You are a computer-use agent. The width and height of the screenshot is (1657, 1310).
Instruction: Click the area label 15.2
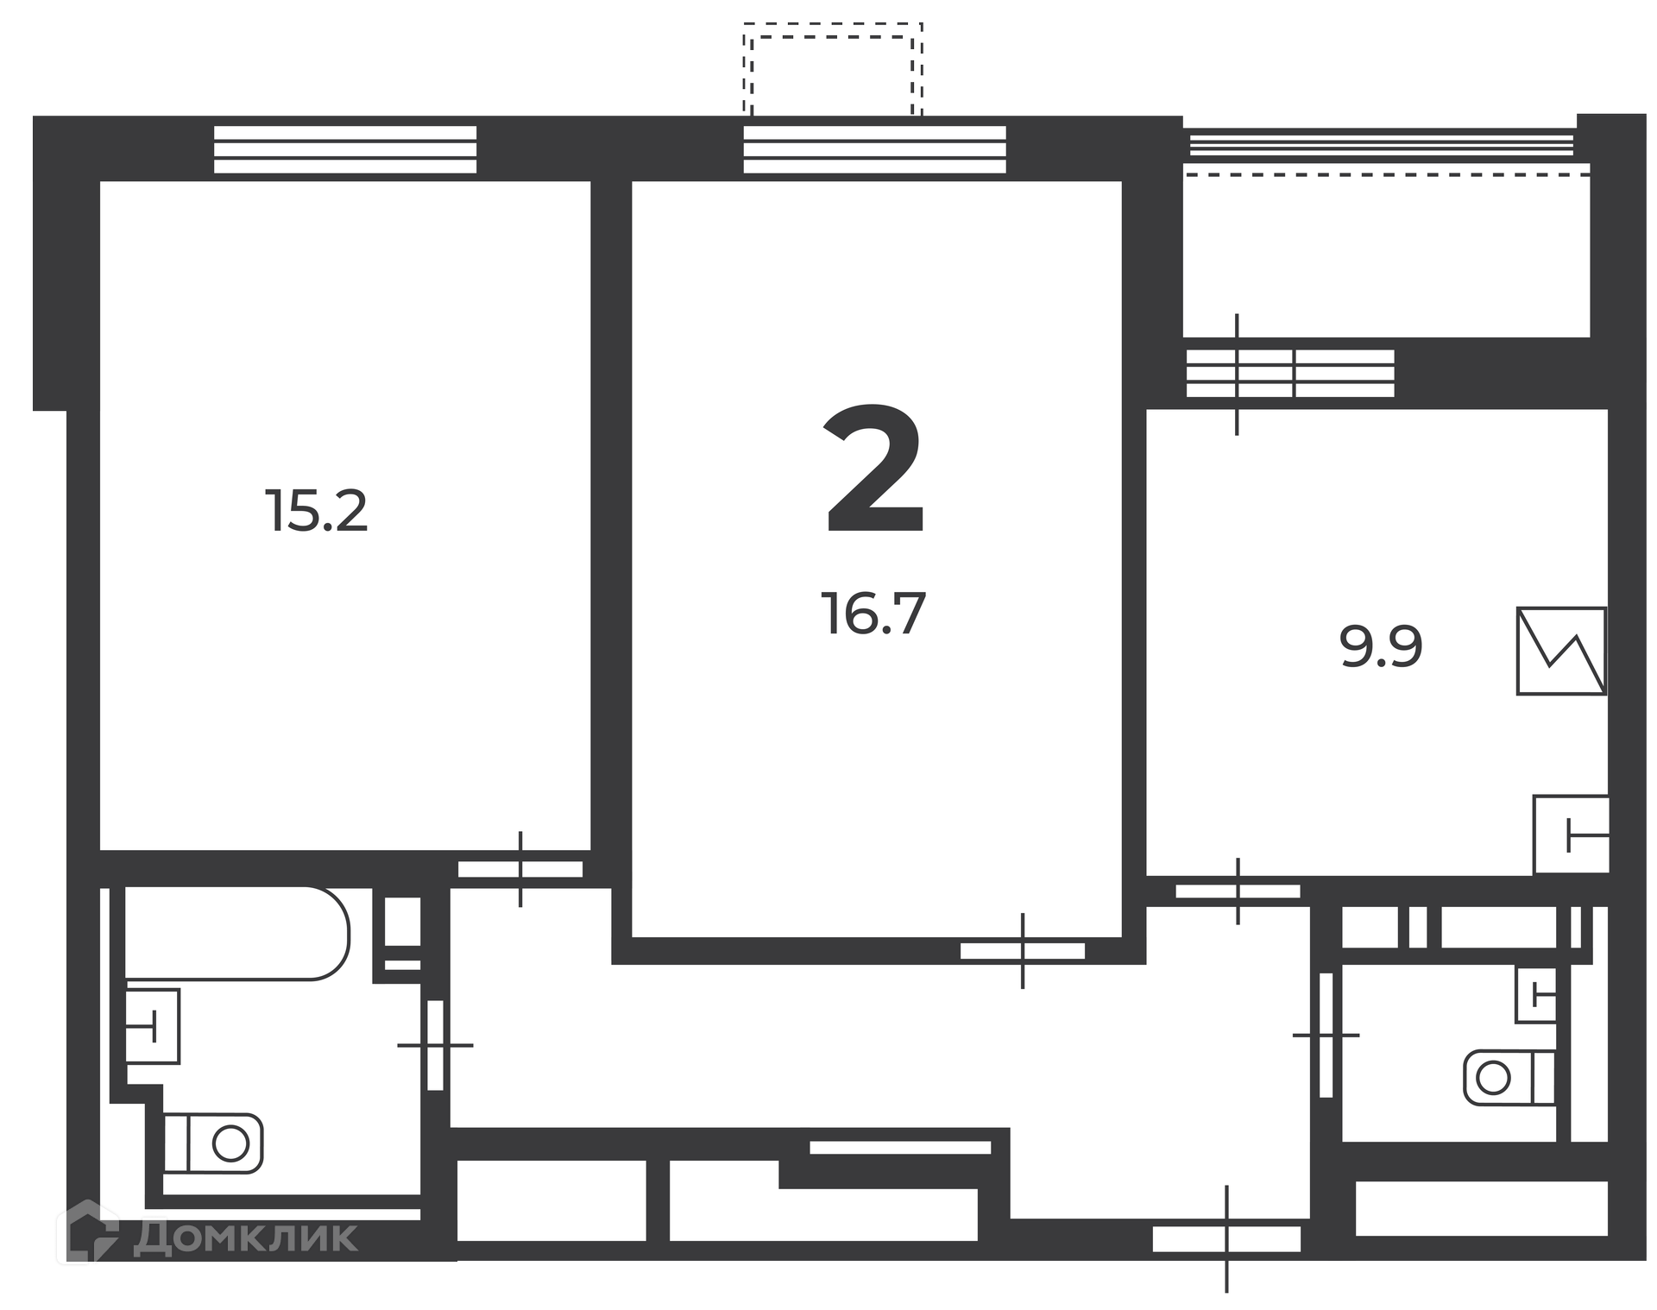click(317, 511)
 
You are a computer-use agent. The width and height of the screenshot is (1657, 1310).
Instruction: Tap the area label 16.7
click(873, 614)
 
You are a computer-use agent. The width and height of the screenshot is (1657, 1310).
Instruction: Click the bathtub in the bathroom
click(237, 933)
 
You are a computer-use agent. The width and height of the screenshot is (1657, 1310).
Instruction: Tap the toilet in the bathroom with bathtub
click(213, 1143)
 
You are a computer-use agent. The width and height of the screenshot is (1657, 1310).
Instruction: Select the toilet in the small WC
click(1509, 1077)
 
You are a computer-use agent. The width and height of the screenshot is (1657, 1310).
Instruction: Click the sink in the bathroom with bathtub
click(153, 1026)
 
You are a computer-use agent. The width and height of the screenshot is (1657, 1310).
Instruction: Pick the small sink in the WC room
click(1536, 995)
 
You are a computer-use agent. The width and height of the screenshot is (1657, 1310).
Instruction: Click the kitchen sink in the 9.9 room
click(1571, 834)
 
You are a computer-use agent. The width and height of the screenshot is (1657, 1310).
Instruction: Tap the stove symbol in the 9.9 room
click(1561, 651)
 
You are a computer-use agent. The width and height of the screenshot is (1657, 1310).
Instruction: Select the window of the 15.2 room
click(345, 149)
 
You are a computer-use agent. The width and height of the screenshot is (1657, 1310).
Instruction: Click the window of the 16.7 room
click(875, 149)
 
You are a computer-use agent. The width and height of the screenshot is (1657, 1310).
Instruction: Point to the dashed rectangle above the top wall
click(833, 70)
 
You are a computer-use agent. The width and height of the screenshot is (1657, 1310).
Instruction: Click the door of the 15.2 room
click(520, 869)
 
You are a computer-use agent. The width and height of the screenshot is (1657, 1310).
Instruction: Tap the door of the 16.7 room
click(1023, 951)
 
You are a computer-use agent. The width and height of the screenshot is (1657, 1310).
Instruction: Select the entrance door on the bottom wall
click(1226, 1239)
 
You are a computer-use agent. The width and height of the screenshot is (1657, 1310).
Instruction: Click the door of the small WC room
click(1326, 1035)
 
